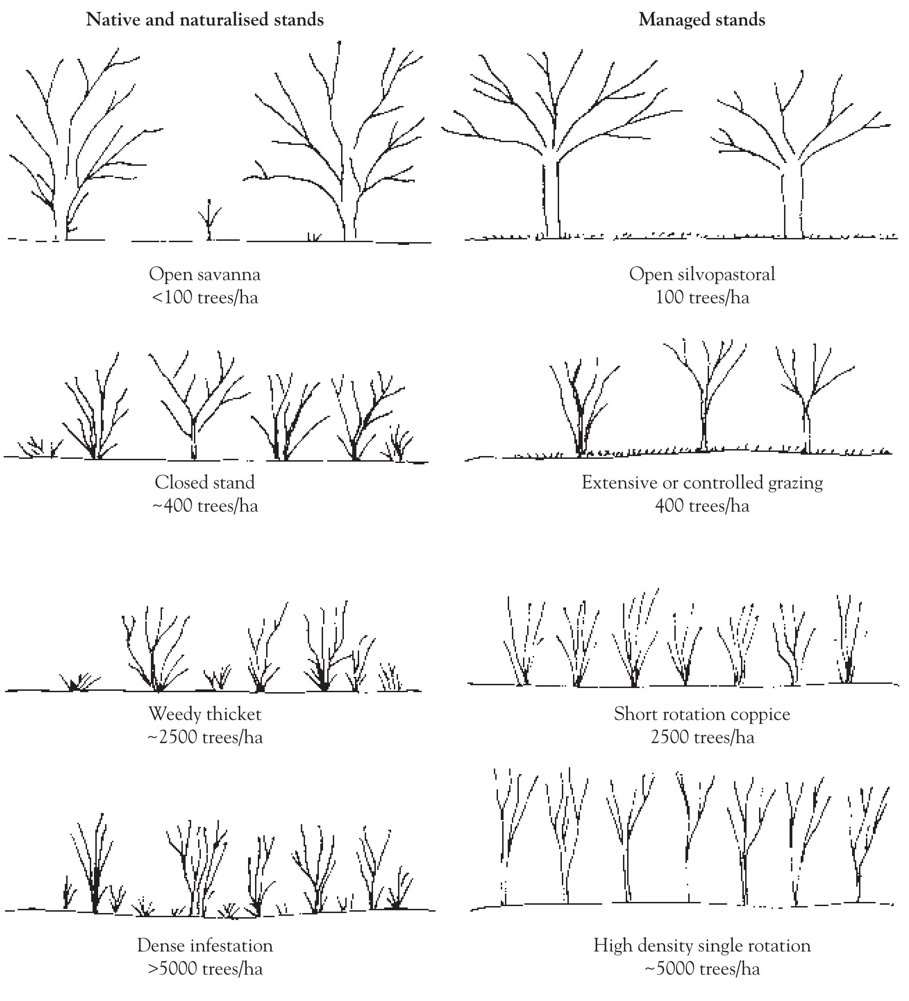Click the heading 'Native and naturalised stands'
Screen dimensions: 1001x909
pyautogui.click(x=205, y=20)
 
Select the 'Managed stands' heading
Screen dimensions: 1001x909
pyautogui.click(x=702, y=20)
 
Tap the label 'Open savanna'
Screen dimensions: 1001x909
pyautogui.click(x=205, y=274)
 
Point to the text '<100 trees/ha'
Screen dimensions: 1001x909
pyautogui.click(x=205, y=297)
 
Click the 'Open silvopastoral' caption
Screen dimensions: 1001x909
pyautogui.click(x=702, y=274)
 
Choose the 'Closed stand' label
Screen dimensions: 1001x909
pyautogui.click(x=205, y=482)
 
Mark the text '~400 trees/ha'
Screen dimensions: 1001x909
pyautogui.click(x=205, y=506)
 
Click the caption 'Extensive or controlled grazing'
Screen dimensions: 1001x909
pyautogui.click(x=702, y=482)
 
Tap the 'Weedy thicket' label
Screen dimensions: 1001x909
pyautogui.click(x=205, y=713)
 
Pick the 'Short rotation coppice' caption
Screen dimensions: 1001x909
pyautogui.click(x=702, y=713)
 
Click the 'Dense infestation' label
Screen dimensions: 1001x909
pyautogui.click(x=205, y=945)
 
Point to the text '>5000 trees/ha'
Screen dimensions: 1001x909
pyautogui.click(x=205, y=968)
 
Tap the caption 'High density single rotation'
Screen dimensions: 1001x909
pyautogui.click(x=702, y=945)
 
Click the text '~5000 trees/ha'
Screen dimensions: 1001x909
pyautogui.click(x=702, y=968)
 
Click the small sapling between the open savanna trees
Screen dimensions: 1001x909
pyautogui.click(x=209, y=221)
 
